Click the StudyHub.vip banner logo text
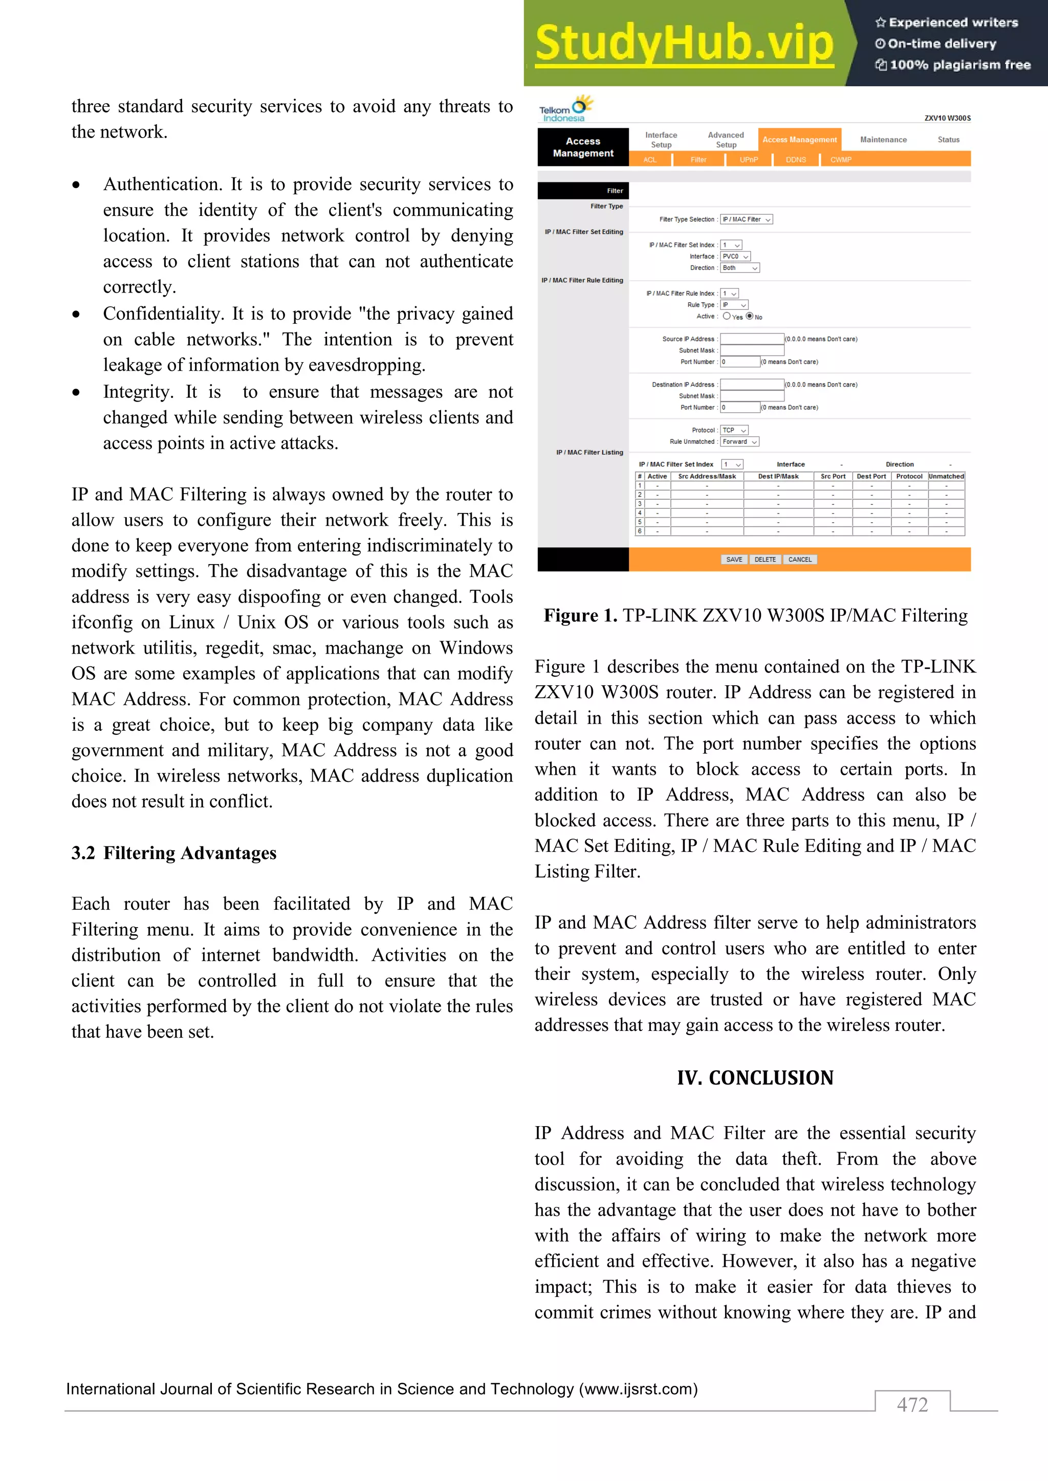(x=684, y=43)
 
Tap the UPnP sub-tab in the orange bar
(x=749, y=160)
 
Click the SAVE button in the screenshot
(x=734, y=560)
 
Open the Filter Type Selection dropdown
(x=747, y=220)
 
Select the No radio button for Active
(x=750, y=317)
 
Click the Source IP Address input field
(x=752, y=339)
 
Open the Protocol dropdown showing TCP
(x=734, y=430)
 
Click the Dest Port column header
(x=871, y=477)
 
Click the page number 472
(x=912, y=1404)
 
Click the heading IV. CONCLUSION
(x=755, y=1078)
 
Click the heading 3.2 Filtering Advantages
(x=174, y=854)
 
